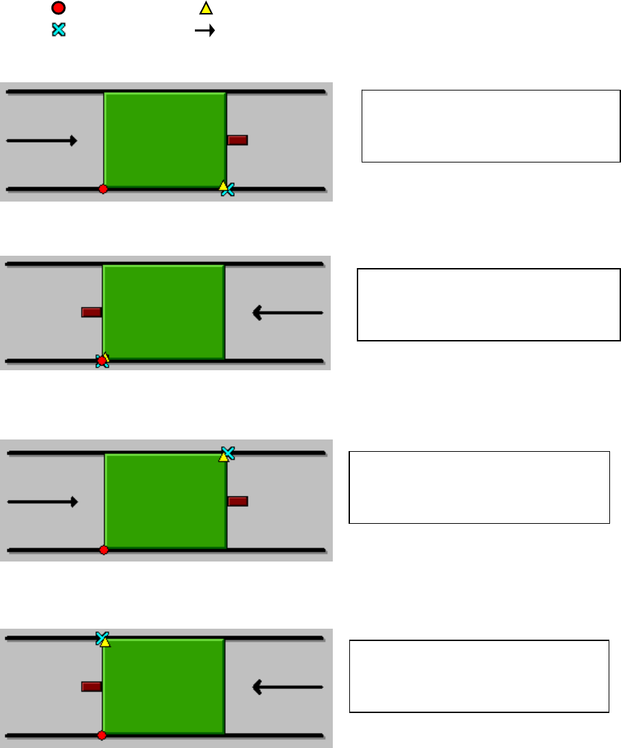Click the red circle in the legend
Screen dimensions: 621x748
coord(59,9)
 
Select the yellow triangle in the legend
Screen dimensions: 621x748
coord(205,9)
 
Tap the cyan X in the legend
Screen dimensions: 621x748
coord(59,30)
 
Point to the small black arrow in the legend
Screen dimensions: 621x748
coord(205,30)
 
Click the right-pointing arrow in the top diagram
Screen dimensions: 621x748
coord(41,141)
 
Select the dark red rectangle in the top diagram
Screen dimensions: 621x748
coord(237,141)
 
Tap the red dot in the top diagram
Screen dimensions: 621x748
coord(103,189)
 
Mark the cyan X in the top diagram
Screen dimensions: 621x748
coord(229,190)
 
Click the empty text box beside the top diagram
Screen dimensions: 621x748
coord(491,125)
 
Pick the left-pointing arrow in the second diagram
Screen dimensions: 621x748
coord(288,313)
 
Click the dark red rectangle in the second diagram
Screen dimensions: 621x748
coord(91,313)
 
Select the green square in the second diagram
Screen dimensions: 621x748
coord(163,312)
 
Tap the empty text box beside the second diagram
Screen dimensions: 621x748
coord(489,304)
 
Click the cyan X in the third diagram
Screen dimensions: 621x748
coord(228,453)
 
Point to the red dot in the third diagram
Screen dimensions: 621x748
coord(104,550)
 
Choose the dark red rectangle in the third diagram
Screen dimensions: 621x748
coord(237,501)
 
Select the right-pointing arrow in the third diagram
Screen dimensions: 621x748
coord(43,502)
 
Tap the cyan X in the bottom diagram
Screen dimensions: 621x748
coord(102,638)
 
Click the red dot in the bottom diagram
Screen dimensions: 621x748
coord(102,736)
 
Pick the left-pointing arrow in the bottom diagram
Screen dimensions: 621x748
coord(288,686)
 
